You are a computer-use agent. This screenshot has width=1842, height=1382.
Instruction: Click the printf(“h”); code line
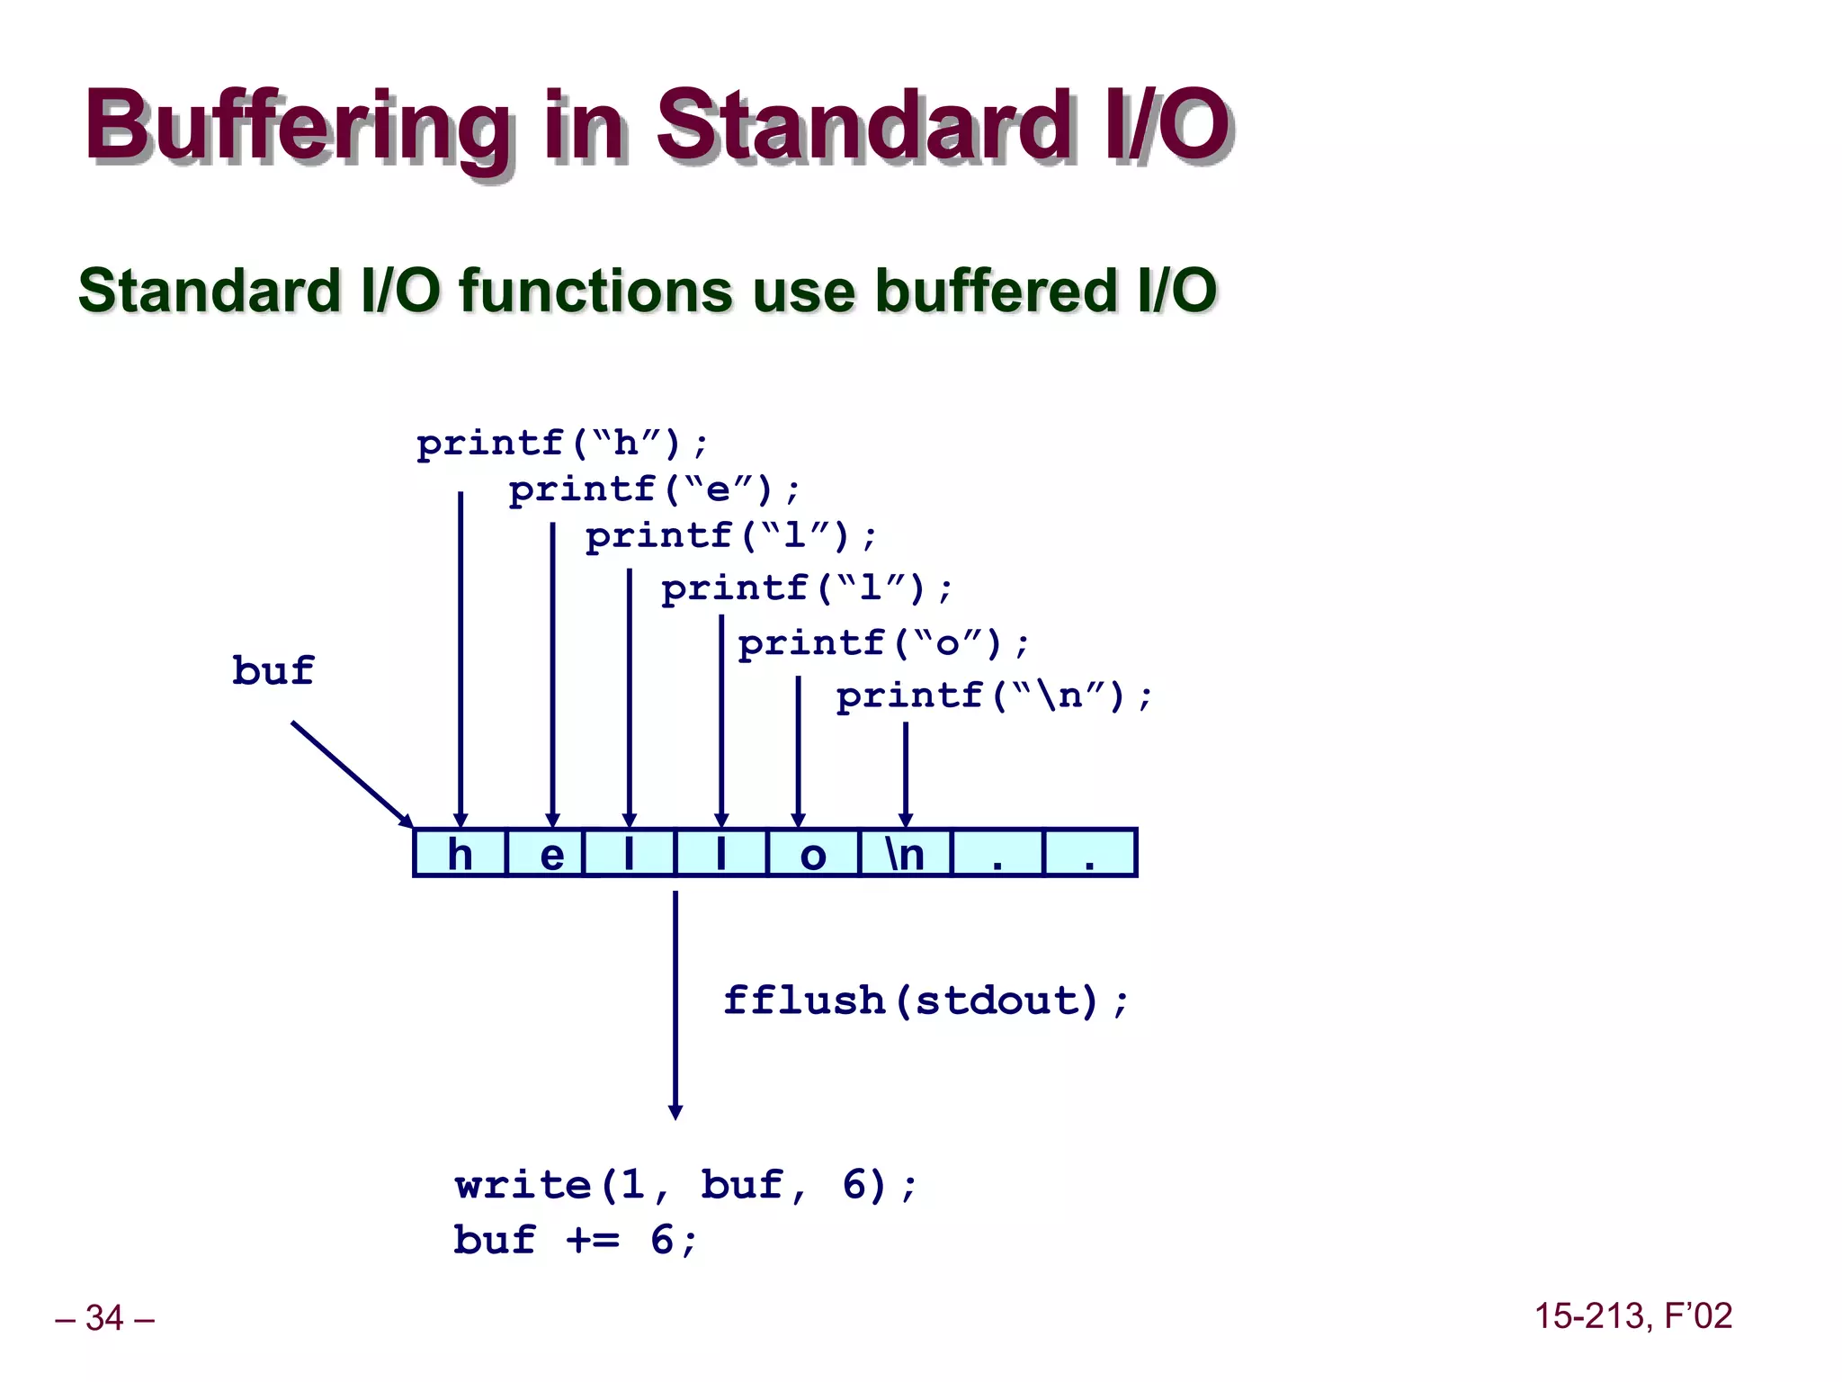pos(562,444)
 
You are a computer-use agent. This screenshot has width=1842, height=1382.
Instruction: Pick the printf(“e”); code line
pos(654,490)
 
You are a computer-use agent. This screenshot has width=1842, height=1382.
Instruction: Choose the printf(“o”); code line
pos(883,643)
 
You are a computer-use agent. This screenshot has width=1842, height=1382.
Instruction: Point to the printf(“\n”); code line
pos(994,696)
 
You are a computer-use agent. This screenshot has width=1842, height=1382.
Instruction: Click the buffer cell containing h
pos(460,853)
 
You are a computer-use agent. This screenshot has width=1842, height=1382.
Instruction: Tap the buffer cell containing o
pos(813,853)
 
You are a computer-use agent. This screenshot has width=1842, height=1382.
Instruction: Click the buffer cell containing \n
pos(906,853)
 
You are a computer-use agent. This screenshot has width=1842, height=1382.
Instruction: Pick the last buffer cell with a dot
pos(1090,853)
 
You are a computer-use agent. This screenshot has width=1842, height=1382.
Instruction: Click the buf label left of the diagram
pos(273,670)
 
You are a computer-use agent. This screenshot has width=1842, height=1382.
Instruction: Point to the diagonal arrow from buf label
pos(351,773)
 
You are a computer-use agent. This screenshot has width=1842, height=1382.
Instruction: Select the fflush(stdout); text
pos(925,1001)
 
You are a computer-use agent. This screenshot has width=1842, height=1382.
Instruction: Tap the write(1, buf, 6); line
pos(685,1185)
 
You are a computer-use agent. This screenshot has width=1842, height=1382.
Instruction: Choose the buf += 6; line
pos(576,1240)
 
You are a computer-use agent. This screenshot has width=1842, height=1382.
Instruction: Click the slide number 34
pos(104,1318)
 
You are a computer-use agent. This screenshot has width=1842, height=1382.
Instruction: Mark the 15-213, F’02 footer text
pos(1632,1316)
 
